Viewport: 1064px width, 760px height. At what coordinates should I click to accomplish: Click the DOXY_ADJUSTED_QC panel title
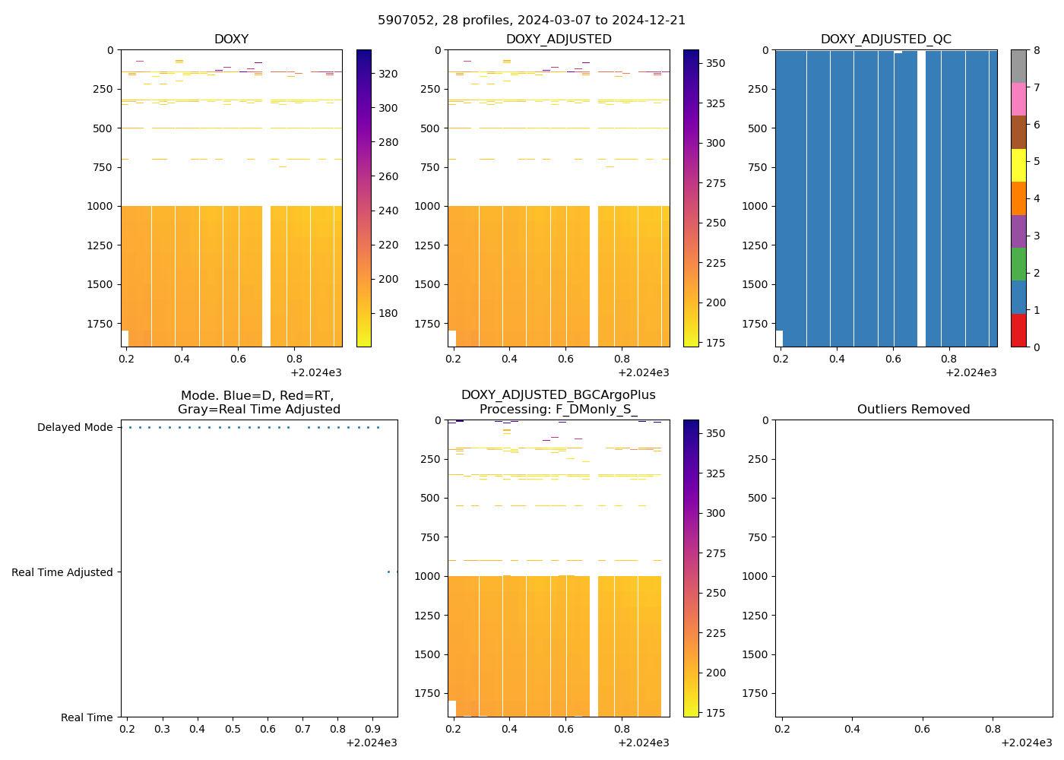tap(885, 40)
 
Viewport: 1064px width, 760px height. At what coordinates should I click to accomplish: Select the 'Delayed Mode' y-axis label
tap(74, 427)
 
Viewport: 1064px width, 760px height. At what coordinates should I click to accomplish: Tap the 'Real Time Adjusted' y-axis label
tap(62, 572)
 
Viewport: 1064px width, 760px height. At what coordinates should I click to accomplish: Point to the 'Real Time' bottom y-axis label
tap(87, 717)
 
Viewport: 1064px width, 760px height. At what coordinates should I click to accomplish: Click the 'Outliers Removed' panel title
tap(914, 410)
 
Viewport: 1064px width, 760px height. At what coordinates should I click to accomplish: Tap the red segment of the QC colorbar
tap(1018, 331)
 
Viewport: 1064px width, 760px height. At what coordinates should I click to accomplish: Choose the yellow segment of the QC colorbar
tap(1018, 165)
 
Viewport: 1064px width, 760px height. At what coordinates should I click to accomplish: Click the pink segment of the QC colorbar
tap(1018, 99)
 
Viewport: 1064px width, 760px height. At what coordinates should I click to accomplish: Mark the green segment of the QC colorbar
tap(1018, 264)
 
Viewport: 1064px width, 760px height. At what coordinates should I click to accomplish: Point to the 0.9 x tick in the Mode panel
tap(372, 730)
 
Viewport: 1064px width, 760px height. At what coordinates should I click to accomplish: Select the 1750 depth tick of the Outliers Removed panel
tap(755, 693)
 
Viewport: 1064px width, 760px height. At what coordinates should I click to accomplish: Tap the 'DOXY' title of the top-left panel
tap(231, 40)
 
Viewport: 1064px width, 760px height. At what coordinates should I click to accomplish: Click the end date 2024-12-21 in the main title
tap(654, 21)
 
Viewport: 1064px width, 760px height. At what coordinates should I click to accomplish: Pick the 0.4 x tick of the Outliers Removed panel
tap(852, 730)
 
